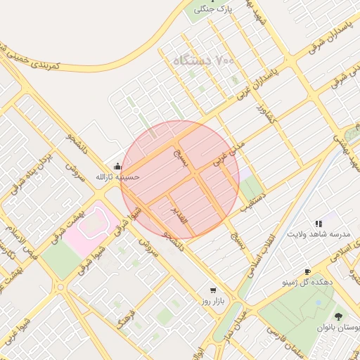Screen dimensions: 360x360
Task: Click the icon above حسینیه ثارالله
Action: coord(117,167)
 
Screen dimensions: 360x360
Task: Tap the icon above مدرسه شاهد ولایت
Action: coord(319,224)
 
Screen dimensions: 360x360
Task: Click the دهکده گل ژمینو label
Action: coord(307,282)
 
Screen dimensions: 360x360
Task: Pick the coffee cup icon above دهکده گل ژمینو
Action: coord(307,271)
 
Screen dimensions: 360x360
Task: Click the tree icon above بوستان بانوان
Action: coord(339,317)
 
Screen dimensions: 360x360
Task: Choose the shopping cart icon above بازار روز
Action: coord(212,290)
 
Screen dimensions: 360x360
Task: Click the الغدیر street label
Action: coord(181,216)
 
